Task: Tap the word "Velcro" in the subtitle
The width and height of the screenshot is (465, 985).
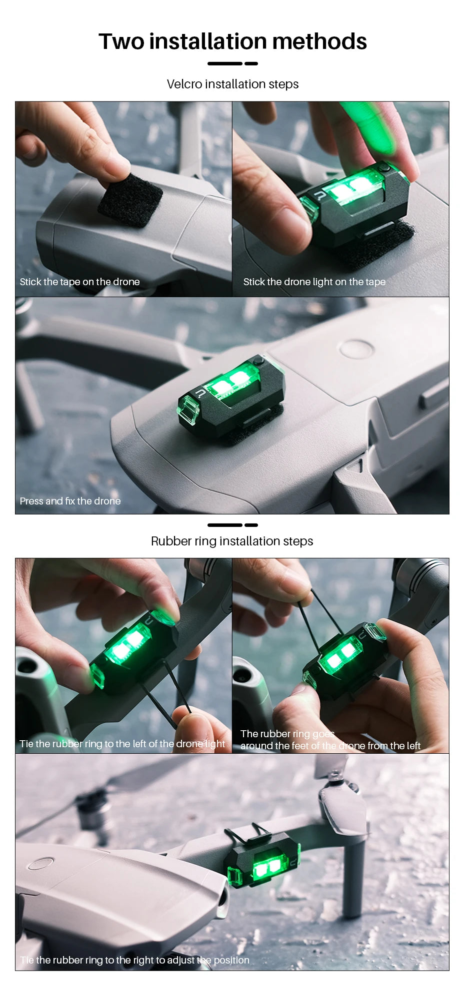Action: point(184,84)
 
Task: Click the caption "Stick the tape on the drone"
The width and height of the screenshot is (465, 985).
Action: point(80,282)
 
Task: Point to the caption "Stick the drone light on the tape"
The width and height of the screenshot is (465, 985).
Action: point(314,282)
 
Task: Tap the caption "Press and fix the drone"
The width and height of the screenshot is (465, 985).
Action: point(70,501)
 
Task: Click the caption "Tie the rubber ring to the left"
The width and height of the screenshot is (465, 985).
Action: point(122,744)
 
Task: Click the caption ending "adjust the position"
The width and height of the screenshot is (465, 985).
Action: point(134,960)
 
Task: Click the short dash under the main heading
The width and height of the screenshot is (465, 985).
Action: point(251,63)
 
